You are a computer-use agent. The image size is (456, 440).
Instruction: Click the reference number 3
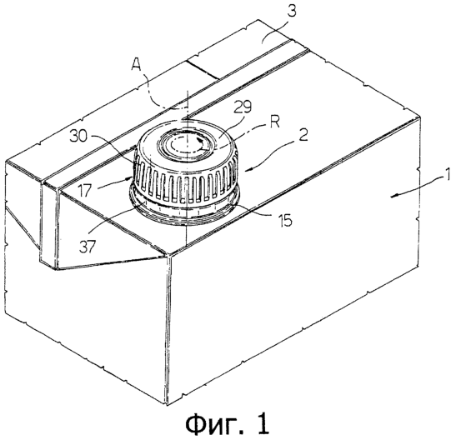(x=292, y=12)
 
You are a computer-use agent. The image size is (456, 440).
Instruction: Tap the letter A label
(x=137, y=64)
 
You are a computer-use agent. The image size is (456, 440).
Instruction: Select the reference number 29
(x=243, y=107)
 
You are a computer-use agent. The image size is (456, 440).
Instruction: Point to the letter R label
(x=275, y=122)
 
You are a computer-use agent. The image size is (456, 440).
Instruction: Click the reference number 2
(x=303, y=135)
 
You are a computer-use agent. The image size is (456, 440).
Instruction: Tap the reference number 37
(x=87, y=247)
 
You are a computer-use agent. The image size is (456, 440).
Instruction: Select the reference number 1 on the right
(x=448, y=174)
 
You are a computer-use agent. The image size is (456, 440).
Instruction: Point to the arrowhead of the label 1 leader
(x=393, y=197)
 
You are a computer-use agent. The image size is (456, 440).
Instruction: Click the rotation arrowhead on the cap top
(x=200, y=142)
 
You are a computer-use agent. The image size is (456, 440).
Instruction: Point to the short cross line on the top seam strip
(x=203, y=70)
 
